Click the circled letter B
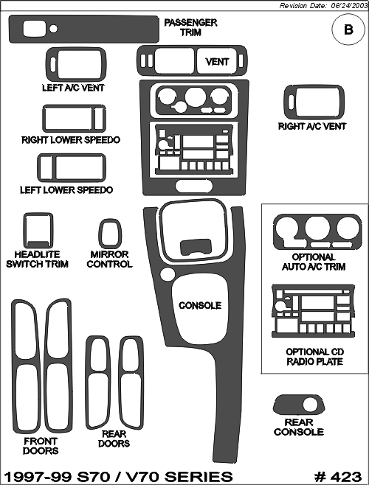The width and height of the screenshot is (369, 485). click(348, 29)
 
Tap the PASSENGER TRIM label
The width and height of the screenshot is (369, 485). click(190, 27)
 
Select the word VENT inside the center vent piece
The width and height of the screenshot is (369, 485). click(217, 62)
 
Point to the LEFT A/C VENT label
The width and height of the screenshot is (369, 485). click(73, 88)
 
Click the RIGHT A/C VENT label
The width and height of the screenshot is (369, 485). click(312, 126)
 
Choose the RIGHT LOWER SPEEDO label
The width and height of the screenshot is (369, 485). click(71, 140)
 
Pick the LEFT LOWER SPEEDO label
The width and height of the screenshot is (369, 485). click(66, 189)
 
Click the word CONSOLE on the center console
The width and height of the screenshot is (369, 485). click(200, 306)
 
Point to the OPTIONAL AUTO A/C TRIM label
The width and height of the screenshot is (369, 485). click(314, 262)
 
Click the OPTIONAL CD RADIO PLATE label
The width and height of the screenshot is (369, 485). click(314, 357)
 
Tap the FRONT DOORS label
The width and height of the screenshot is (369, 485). click(41, 446)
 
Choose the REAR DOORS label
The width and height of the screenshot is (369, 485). click(114, 439)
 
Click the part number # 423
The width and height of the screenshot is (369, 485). click(338, 477)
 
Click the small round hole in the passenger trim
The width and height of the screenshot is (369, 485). click(53, 29)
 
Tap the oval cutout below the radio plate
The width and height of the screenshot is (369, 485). click(194, 186)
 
